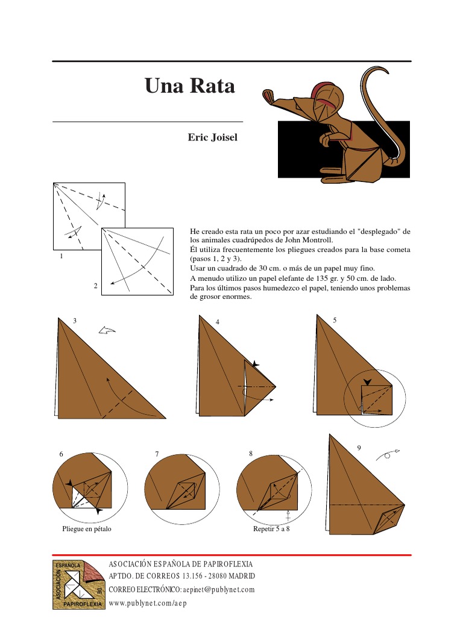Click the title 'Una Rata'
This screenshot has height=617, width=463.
(x=189, y=86)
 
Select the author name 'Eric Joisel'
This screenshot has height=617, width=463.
(x=212, y=138)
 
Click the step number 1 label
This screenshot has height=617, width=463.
(x=61, y=257)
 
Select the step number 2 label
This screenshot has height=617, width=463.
(x=95, y=286)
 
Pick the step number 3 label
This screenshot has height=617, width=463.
(x=74, y=321)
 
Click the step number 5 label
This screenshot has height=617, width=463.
(x=335, y=320)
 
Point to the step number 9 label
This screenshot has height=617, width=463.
(x=359, y=448)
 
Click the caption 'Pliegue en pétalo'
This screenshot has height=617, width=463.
(x=87, y=529)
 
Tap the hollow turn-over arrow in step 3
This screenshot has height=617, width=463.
(x=107, y=330)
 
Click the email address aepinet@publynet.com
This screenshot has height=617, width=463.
(x=218, y=589)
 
